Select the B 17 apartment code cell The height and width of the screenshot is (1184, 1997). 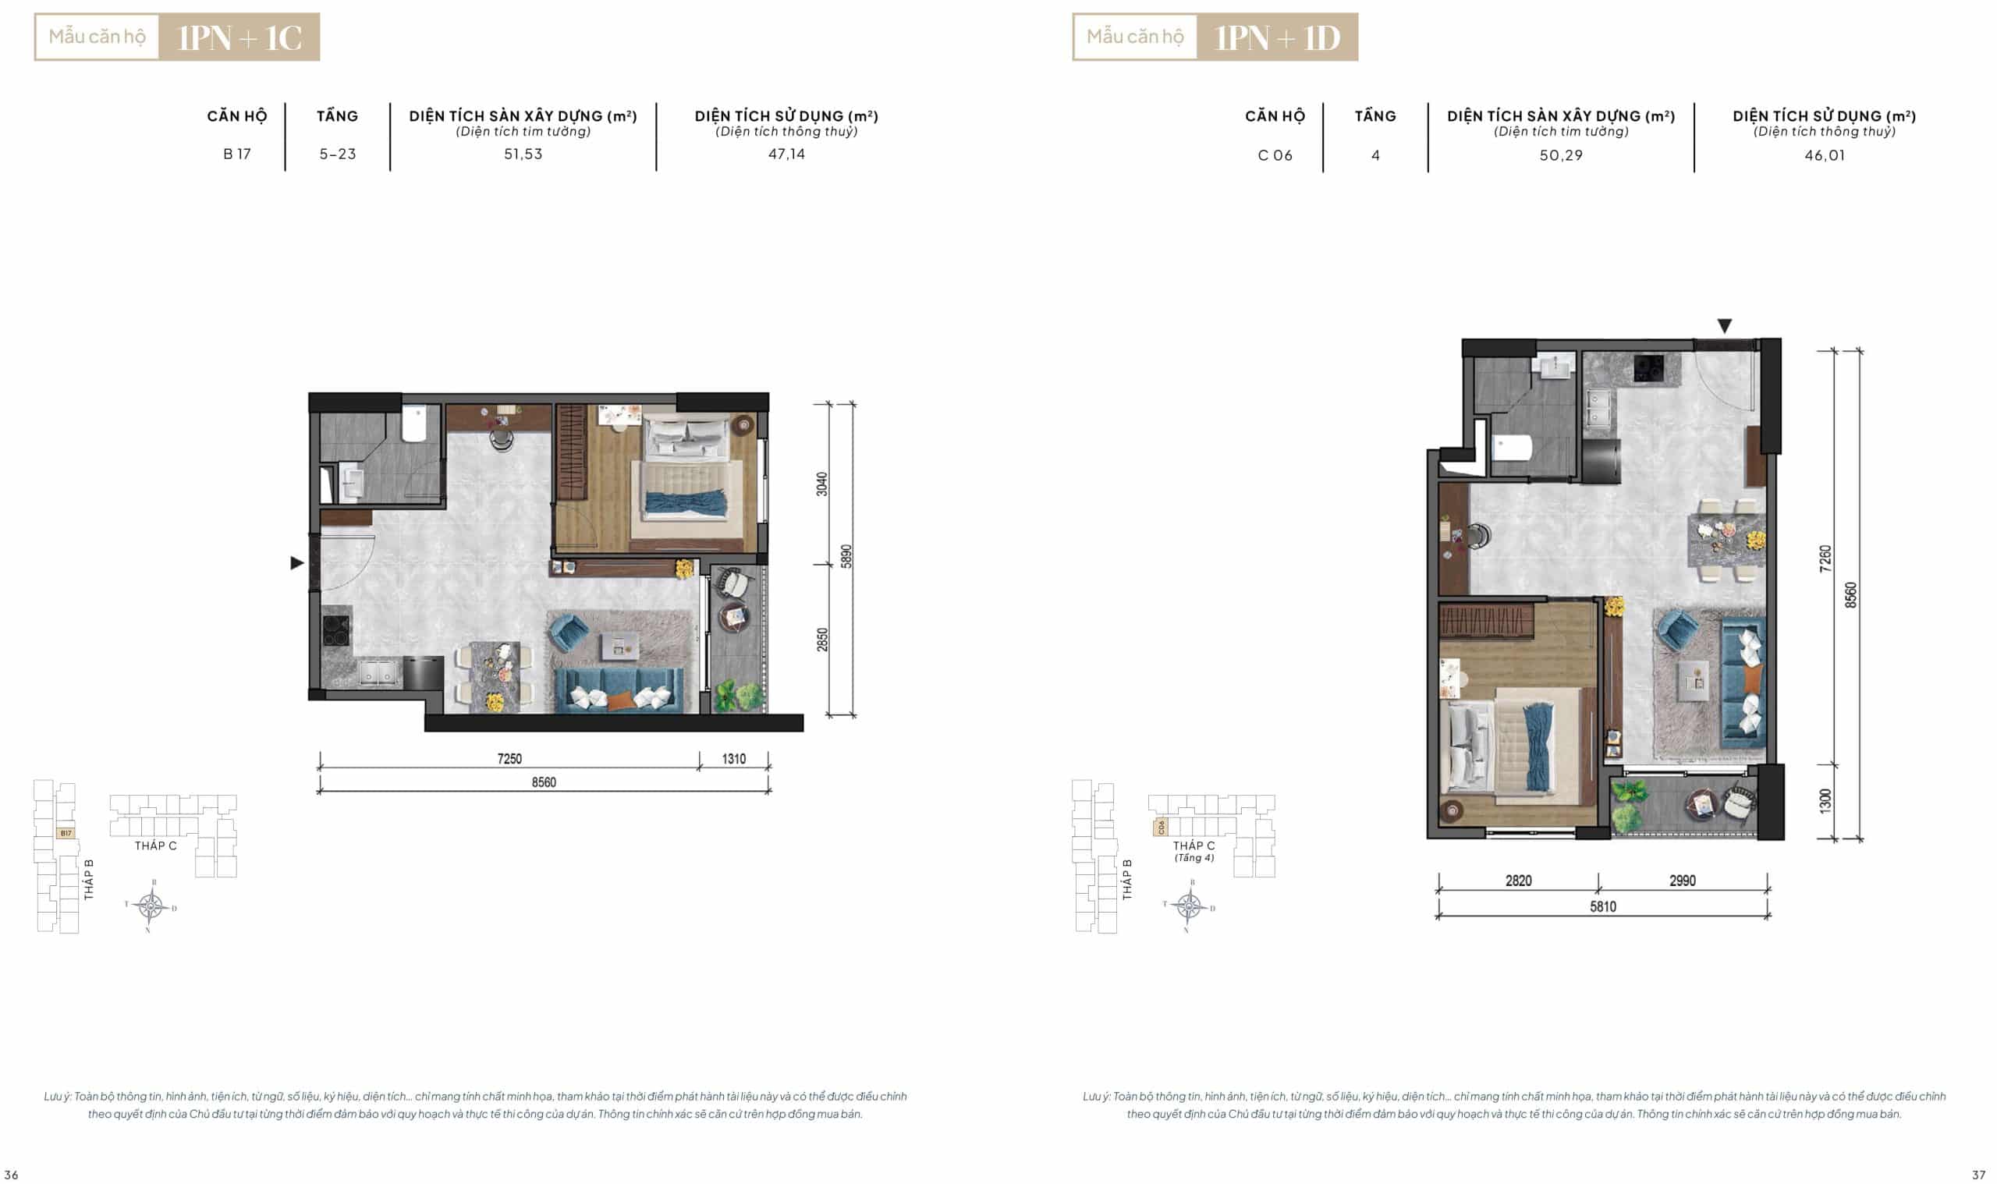click(237, 154)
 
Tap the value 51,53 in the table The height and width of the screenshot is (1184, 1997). click(523, 154)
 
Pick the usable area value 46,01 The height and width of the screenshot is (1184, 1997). click(1825, 155)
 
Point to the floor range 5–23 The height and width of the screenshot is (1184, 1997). click(338, 154)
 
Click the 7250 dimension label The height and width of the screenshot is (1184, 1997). click(510, 759)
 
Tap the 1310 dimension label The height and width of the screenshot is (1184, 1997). click(734, 759)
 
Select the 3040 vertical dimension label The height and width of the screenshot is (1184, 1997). click(821, 484)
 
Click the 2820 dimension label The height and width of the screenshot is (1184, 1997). click(1518, 881)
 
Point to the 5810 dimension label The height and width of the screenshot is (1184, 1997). click(1603, 906)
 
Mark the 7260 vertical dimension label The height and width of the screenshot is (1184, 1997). click(1825, 558)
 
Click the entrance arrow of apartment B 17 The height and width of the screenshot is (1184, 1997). click(296, 563)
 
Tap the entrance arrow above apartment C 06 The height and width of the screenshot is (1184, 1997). click(1724, 326)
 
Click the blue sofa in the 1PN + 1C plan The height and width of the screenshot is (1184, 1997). click(619, 690)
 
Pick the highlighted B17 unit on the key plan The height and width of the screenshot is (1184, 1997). click(66, 833)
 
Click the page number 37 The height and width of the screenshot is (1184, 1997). click(1978, 1175)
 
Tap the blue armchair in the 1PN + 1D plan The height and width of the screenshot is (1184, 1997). click(1676, 629)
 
